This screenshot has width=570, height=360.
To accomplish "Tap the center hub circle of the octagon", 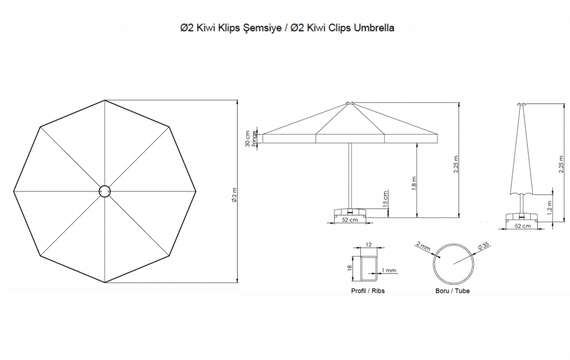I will point(106,191).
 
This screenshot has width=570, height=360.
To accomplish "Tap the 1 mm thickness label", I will point(389,269).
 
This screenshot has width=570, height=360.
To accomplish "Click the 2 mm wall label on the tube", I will point(424,246).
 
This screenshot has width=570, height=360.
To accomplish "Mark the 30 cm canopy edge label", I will point(248,140).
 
